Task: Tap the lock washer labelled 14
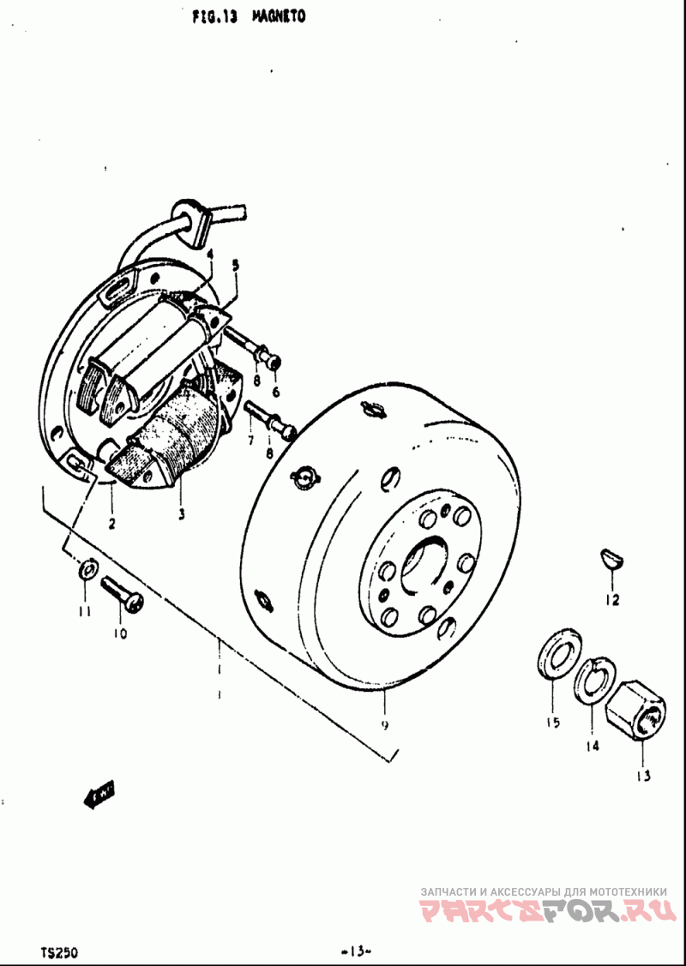click(x=591, y=681)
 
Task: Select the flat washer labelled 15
click(x=557, y=656)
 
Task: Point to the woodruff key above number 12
click(x=611, y=560)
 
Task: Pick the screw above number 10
click(x=122, y=594)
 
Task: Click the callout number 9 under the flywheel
click(x=385, y=724)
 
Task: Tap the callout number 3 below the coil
click(x=181, y=514)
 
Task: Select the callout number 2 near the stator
click(x=111, y=521)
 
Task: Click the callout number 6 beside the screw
click(x=275, y=392)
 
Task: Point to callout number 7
click(x=250, y=440)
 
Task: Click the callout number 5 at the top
click(x=236, y=266)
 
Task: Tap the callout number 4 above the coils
click(x=209, y=254)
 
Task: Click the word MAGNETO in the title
click(x=280, y=15)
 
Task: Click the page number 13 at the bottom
click(x=354, y=950)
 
